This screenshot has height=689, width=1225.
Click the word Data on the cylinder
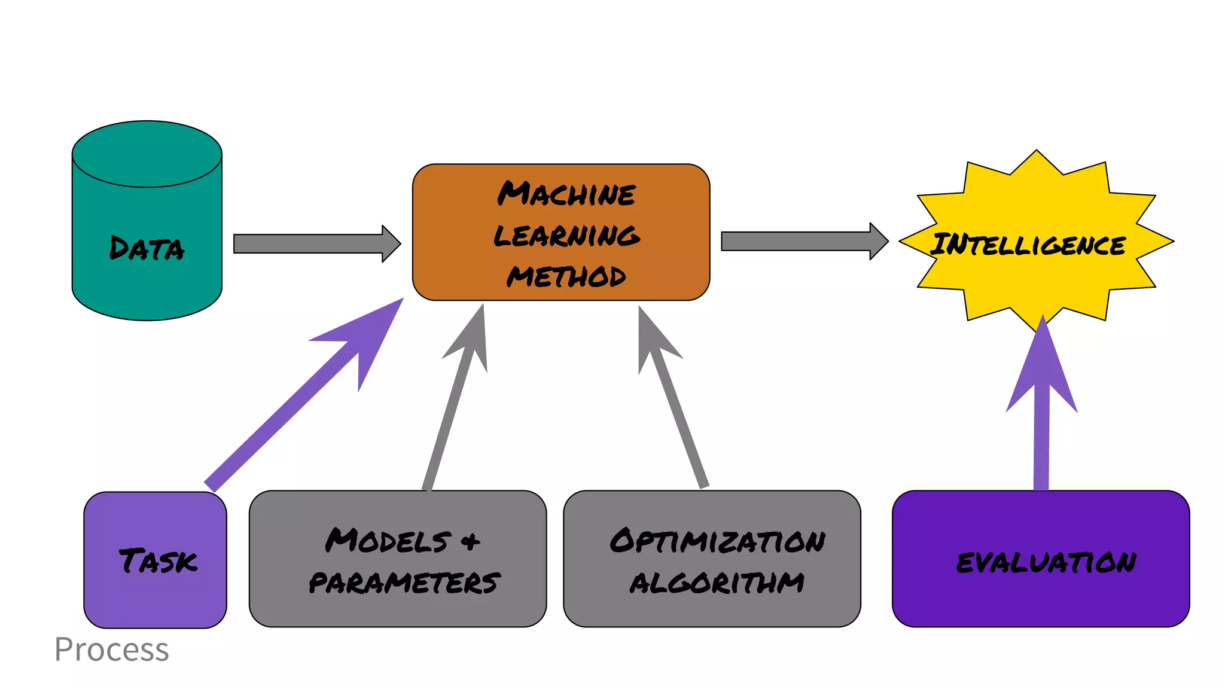click(147, 248)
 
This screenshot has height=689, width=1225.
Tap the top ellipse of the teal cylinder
click(147, 154)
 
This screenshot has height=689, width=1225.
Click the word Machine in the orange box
click(566, 194)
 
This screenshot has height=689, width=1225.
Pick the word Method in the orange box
click(566, 276)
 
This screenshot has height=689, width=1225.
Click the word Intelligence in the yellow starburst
click(1028, 245)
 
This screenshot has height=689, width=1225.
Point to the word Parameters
click(404, 583)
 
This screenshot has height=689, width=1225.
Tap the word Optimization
click(717, 541)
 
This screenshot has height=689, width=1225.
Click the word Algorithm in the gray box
click(717, 583)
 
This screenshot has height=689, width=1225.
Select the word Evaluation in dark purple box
click(1046, 562)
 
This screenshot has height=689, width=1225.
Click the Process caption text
click(112, 650)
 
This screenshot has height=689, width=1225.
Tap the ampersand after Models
click(470, 542)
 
